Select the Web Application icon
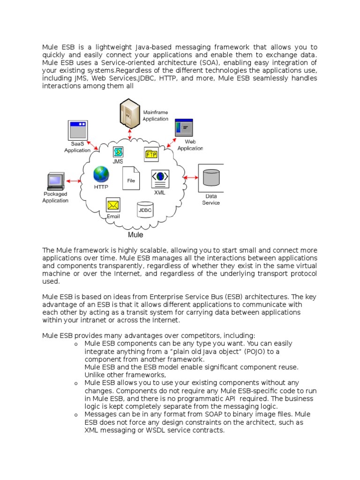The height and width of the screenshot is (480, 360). click(x=184, y=127)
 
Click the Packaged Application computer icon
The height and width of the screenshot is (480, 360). click(x=56, y=181)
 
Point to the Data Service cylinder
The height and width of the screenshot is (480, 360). click(x=211, y=178)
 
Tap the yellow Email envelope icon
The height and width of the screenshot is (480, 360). click(x=113, y=205)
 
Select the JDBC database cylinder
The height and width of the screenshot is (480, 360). click(x=145, y=210)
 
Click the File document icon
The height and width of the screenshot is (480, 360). click(x=131, y=178)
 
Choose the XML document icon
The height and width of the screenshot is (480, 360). click(x=160, y=179)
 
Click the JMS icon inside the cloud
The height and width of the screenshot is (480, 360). click(x=118, y=152)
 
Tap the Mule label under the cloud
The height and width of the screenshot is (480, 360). click(x=135, y=234)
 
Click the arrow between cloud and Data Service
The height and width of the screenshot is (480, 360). click(x=191, y=178)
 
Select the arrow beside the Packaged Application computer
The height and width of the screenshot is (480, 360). click(x=75, y=180)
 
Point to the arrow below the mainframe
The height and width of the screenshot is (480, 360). click(x=130, y=134)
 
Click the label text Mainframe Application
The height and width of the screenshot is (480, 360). click(x=155, y=116)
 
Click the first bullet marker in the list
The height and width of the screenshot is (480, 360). click(x=75, y=345)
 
